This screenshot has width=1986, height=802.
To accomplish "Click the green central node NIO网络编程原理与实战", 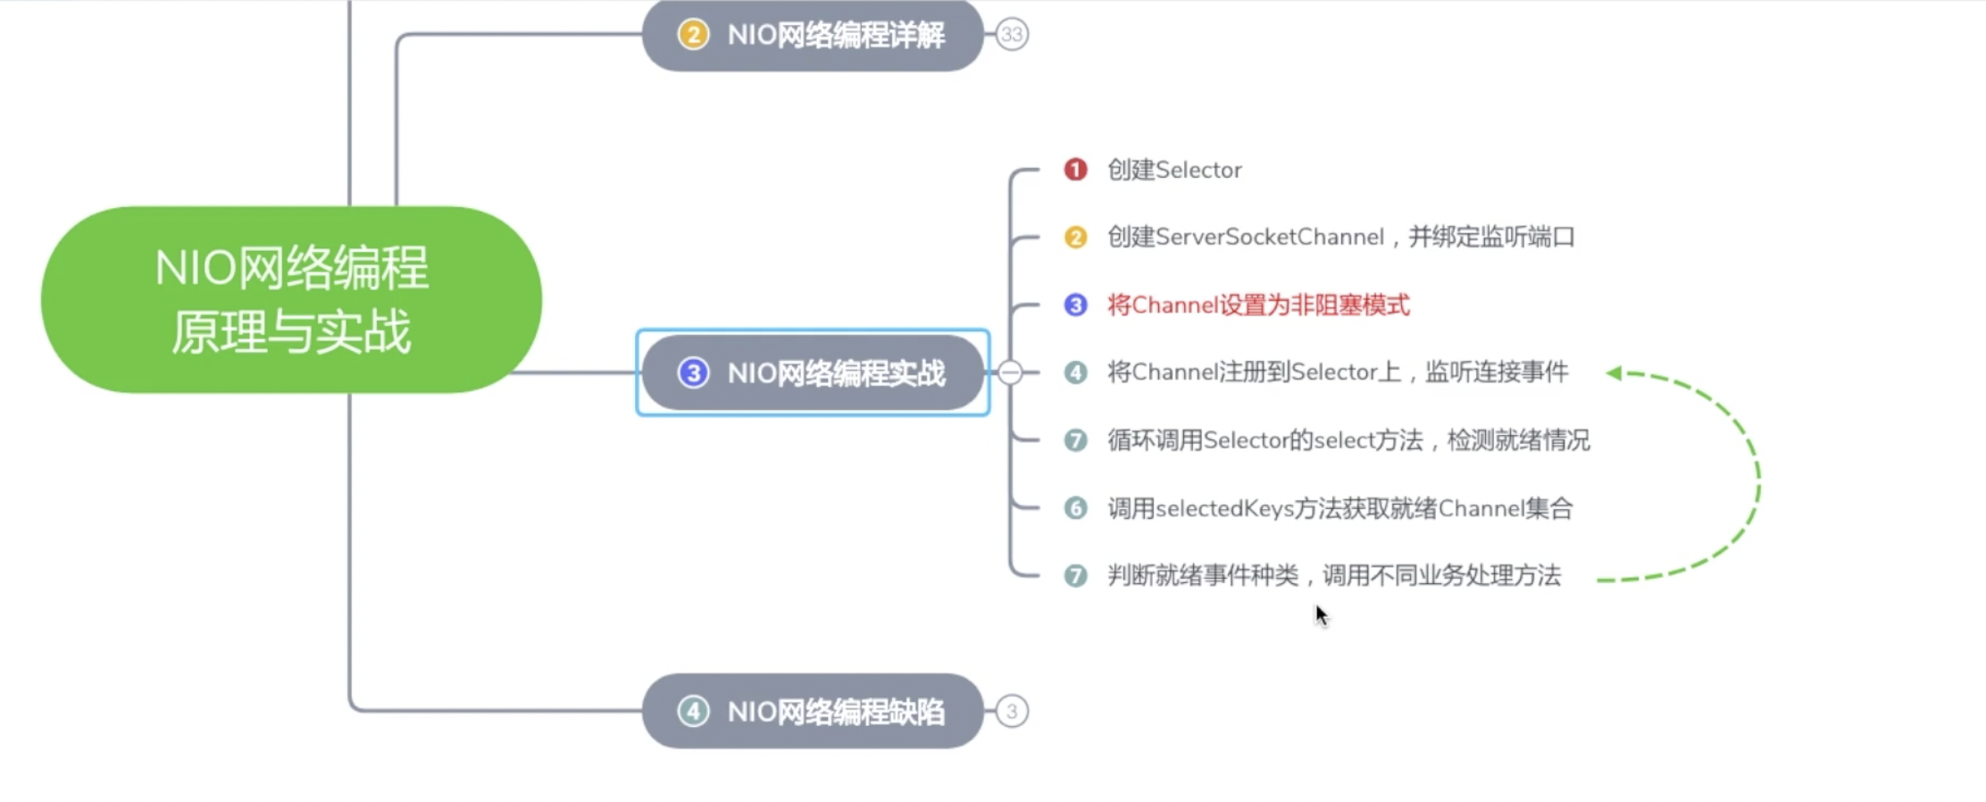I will [291, 300].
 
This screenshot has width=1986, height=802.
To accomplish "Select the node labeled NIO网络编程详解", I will [812, 36].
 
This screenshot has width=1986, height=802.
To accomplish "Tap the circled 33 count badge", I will [1012, 35].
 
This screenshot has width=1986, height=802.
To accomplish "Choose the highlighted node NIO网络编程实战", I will [812, 373].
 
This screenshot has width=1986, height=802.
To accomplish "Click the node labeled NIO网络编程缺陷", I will [812, 712].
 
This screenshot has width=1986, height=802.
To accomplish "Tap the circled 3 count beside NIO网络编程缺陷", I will [1012, 712].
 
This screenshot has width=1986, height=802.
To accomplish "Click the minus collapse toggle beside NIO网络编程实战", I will [1010, 372].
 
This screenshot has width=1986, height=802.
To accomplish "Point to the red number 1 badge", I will [1075, 170].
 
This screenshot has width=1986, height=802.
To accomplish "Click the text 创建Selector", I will [1174, 170].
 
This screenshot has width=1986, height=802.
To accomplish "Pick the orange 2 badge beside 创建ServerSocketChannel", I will [1075, 238].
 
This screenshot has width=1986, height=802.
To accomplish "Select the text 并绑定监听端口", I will [1491, 238].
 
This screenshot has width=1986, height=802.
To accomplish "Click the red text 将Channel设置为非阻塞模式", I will [1258, 305].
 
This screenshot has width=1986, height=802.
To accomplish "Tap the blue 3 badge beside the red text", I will [1075, 305].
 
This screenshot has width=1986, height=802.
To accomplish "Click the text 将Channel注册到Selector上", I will [1255, 372].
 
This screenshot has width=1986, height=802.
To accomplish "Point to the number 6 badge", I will [1075, 508].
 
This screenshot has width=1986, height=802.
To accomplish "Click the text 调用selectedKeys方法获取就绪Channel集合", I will [1339, 508].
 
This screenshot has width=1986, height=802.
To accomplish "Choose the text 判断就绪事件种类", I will [1202, 576].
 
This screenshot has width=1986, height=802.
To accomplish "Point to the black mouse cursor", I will [1321, 614].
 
